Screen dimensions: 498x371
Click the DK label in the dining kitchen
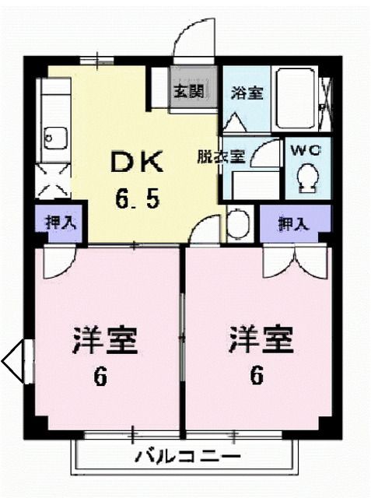click(138, 163)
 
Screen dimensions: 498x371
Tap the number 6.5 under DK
click(138, 199)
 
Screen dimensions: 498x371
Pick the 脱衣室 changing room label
click(221, 156)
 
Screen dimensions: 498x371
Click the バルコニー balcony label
click(186, 455)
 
